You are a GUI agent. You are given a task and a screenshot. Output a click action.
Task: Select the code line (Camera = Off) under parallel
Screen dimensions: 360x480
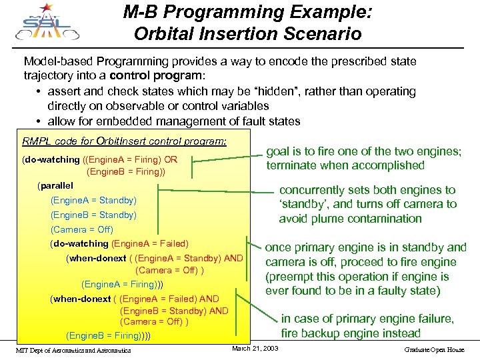point(82,229)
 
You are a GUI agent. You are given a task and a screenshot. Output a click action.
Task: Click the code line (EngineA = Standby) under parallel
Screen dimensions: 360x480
point(93,200)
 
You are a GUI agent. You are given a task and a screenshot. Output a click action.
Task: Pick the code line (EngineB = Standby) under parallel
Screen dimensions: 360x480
point(93,215)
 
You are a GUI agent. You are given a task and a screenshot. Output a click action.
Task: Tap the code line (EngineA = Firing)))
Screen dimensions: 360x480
point(123,284)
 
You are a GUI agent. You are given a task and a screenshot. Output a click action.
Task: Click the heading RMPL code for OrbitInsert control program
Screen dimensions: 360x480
point(124,141)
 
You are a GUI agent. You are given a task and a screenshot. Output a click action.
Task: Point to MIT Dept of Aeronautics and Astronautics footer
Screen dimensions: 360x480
point(73,350)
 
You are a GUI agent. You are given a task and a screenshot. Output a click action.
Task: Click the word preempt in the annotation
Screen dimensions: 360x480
point(293,277)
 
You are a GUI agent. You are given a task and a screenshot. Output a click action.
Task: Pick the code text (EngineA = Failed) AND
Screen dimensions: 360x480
point(169,299)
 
